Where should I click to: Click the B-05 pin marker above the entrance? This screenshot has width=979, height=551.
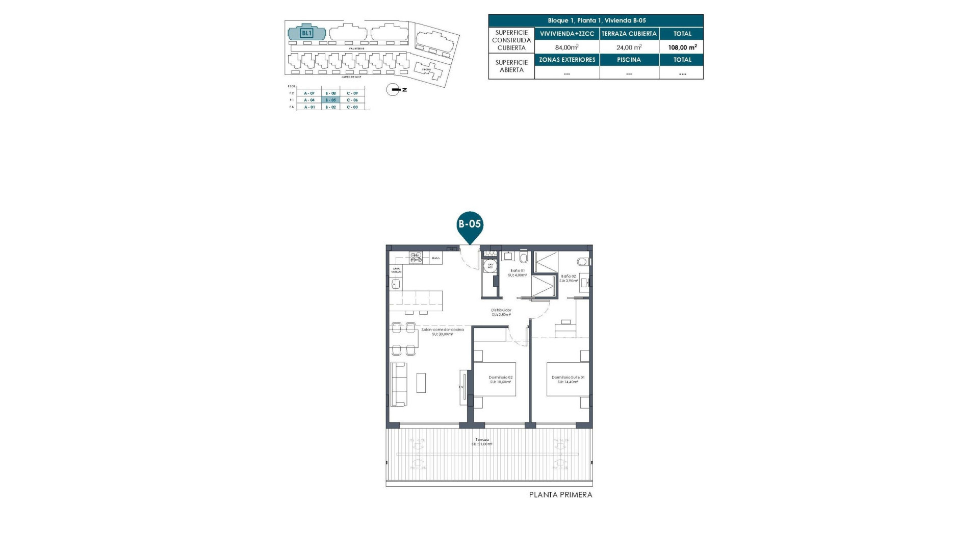coord(469,224)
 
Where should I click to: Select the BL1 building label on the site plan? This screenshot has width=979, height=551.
coord(306,33)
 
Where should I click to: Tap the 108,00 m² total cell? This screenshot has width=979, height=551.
coord(682,47)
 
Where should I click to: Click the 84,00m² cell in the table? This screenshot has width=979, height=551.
coord(566,47)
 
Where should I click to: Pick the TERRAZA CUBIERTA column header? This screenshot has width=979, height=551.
coord(629,34)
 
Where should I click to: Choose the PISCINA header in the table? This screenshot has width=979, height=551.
coord(629,60)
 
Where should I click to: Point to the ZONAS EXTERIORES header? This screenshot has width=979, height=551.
coord(567,60)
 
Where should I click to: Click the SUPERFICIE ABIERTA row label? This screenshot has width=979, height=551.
coord(511,66)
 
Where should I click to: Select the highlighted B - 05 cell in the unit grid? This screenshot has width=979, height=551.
coord(330,100)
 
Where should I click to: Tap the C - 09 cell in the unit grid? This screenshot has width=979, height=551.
coord(352,93)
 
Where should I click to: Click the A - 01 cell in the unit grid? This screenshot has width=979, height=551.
coord(309,107)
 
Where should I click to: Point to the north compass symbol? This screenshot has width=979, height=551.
coord(393,90)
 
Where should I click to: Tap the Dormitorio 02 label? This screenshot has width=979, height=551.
coord(501,380)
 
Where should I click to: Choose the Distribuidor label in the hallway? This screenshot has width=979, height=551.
coord(501,312)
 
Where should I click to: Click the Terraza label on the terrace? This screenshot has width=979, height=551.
coord(482,442)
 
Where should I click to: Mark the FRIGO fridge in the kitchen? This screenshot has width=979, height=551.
coord(435,258)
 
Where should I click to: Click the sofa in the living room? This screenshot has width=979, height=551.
coord(399,384)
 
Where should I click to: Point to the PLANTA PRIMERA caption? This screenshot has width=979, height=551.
coord(560,494)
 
